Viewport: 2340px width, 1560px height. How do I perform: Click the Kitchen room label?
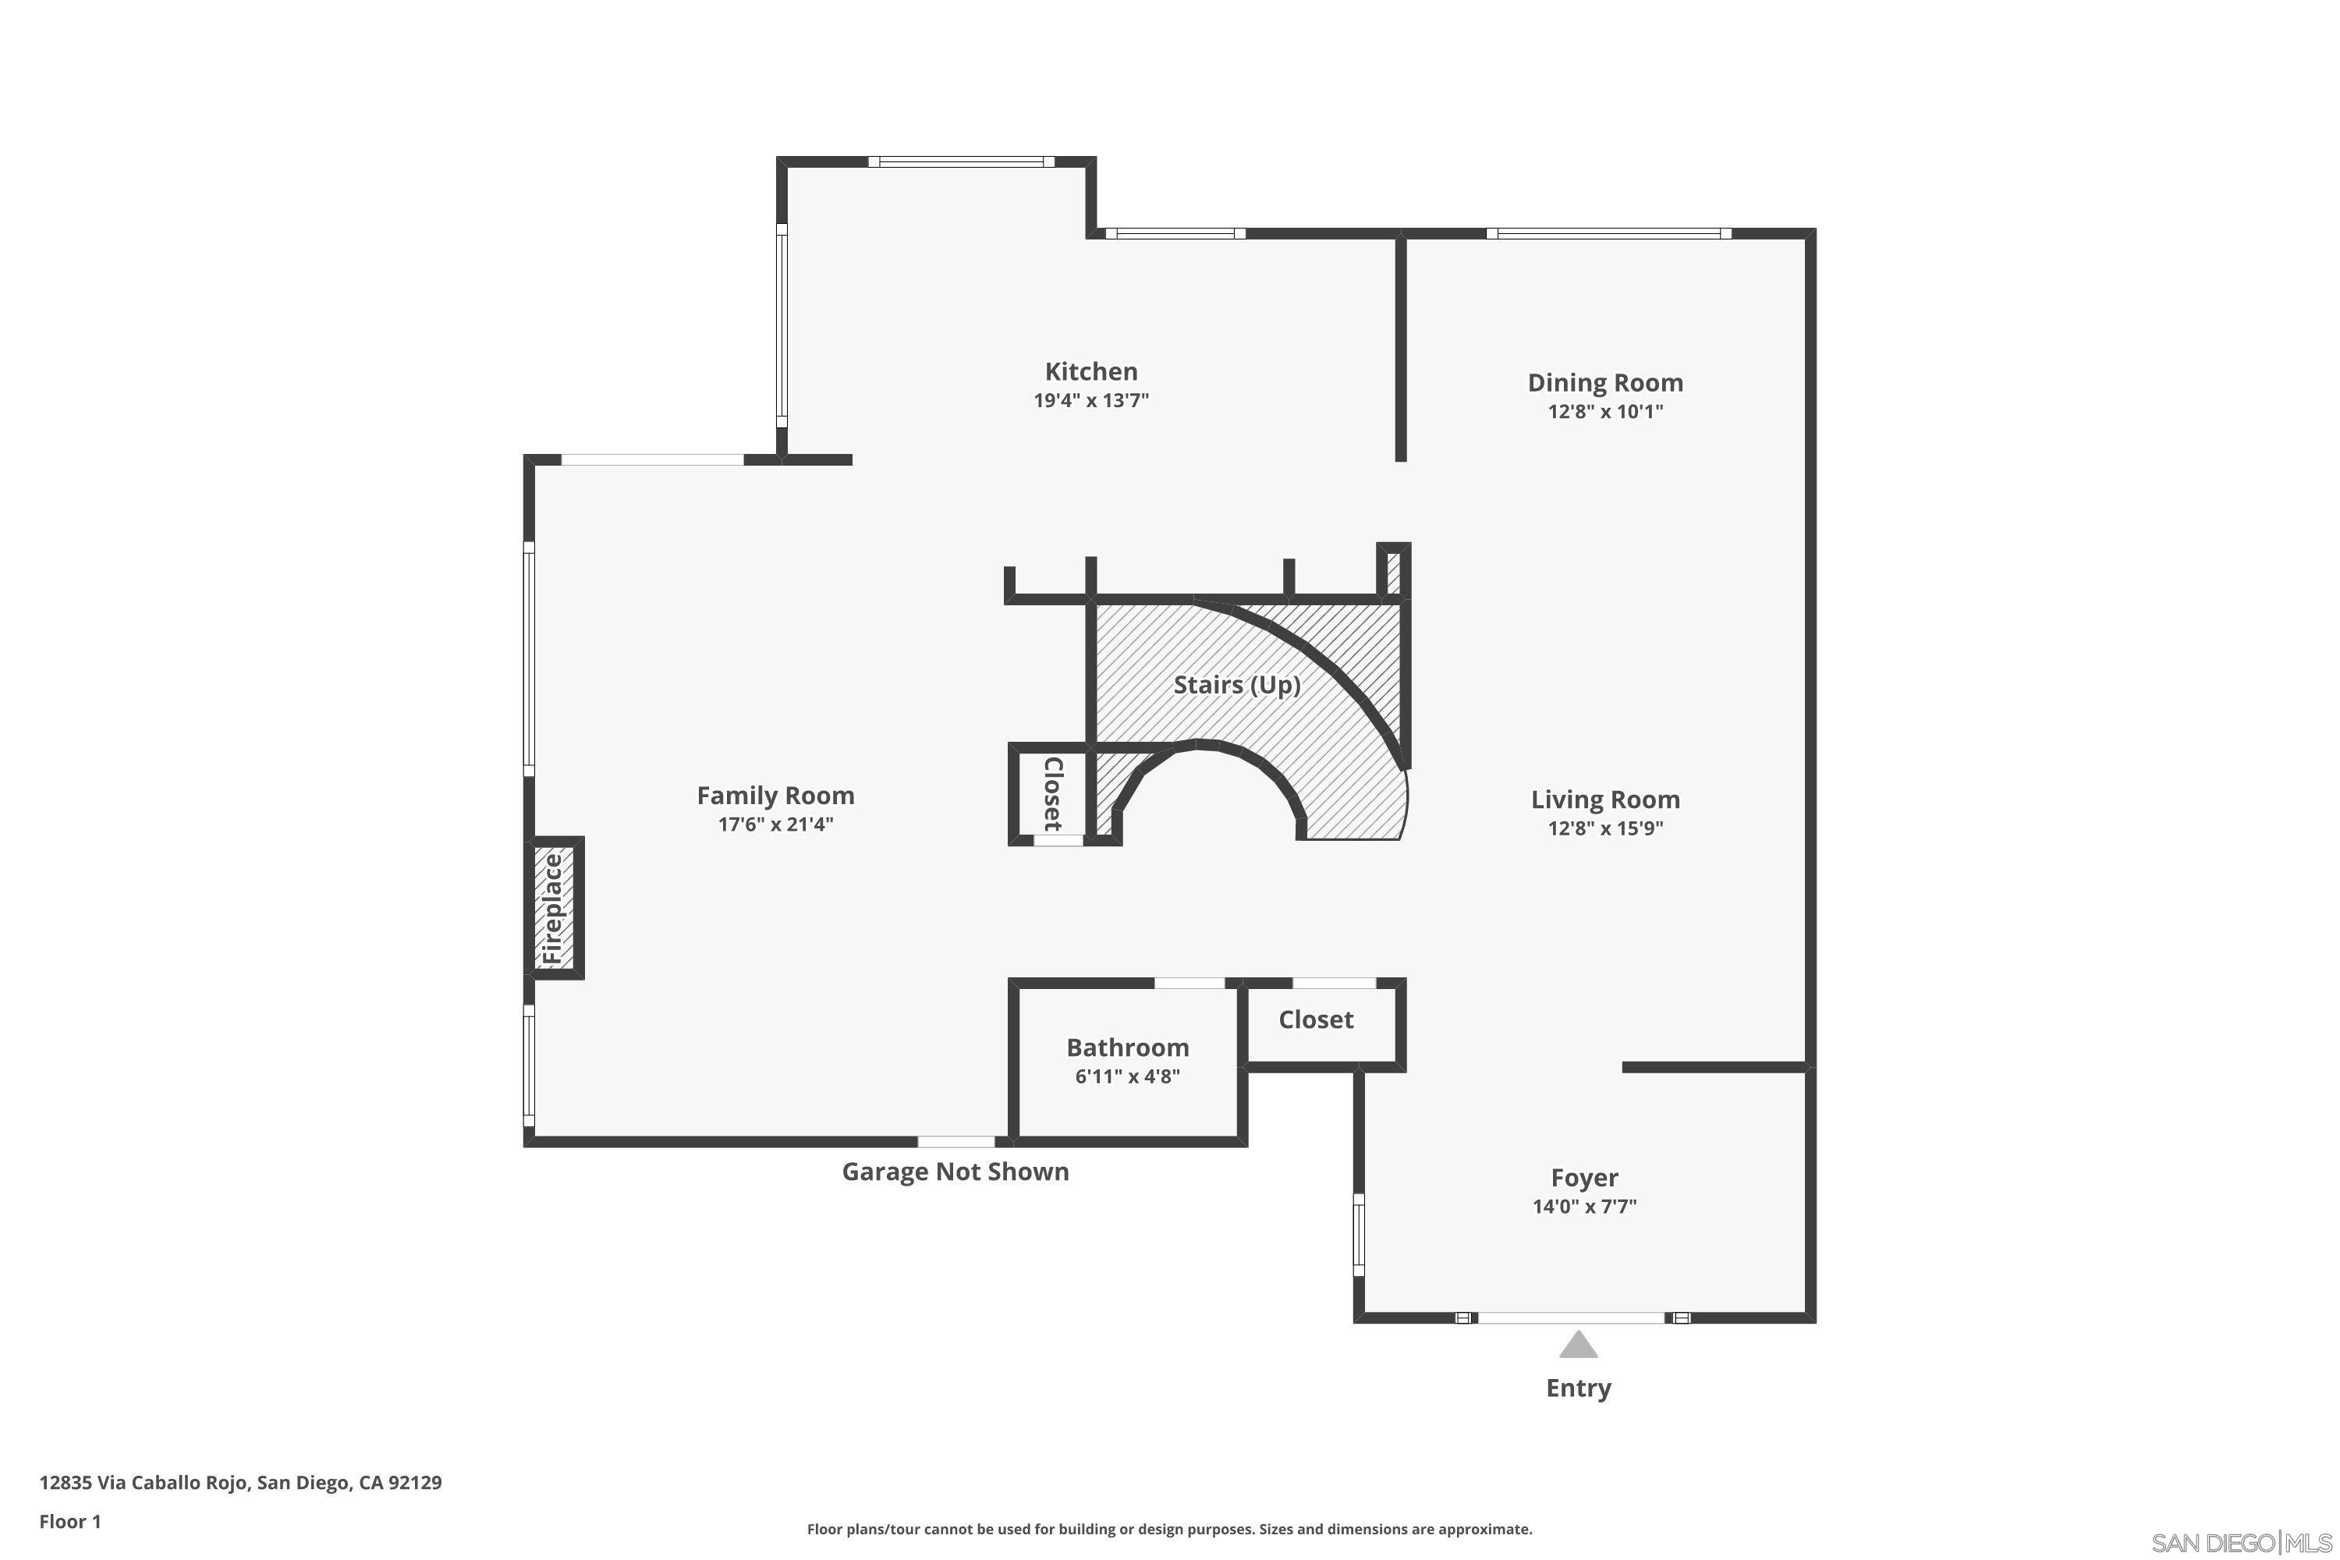[x=1090, y=372]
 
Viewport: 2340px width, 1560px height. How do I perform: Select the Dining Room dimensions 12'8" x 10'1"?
[x=1604, y=412]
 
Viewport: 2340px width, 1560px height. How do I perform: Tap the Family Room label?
[x=775, y=796]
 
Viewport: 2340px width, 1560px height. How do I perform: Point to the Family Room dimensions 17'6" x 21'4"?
[x=775, y=824]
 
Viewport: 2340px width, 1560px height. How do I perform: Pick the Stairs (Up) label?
[x=1236, y=686]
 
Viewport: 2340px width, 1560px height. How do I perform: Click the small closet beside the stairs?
[x=1051, y=793]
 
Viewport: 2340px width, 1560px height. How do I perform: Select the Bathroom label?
[x=1127, y=1048]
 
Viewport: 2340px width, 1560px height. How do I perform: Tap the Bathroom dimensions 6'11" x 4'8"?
[x=1127, y=1076]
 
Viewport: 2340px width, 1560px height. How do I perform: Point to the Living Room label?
[x=1604, y=800]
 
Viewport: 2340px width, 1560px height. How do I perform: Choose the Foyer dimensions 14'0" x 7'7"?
[x=1584, y=1207]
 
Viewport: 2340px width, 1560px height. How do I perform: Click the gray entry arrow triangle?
[x=1578, y=1347]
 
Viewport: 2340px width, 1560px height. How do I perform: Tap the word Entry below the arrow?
[x=1578, y=1389]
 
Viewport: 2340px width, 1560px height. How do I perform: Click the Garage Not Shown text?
[x=955, y=1172]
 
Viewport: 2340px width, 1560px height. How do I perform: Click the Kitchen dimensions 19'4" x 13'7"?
[x=1090, y=401]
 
